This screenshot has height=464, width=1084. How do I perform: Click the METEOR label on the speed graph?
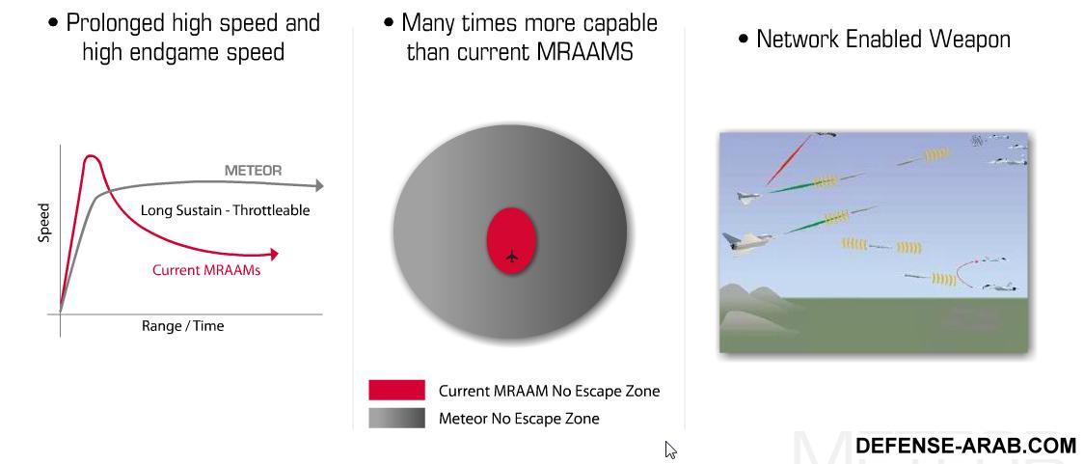[x=253, y=170]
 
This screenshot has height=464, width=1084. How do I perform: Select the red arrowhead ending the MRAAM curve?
[x=274, y=255]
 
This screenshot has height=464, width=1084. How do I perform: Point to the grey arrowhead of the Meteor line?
[x=318, y=185]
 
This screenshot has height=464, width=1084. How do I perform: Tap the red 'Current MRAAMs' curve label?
[x=206, y=270]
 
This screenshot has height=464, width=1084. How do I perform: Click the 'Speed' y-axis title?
[x=44, y=222]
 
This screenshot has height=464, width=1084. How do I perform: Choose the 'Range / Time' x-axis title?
[x=182, y=326]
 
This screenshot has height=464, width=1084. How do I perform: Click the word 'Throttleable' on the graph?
[x=271, y=210]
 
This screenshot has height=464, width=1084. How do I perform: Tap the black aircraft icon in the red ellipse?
[x=511, y=256]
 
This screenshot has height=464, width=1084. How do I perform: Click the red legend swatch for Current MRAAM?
[x=396, y=390]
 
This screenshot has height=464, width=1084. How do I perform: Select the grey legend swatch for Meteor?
[x=396, y=418]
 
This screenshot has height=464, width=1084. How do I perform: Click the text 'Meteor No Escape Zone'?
[x=519, y=419]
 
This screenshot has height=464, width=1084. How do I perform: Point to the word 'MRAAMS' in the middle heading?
[x=594, y=52]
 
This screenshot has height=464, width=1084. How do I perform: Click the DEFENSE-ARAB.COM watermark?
[x=965, y=446]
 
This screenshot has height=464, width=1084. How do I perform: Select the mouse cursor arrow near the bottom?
[x=670, y=450]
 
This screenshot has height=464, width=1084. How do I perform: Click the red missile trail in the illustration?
[x=788, y=160]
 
